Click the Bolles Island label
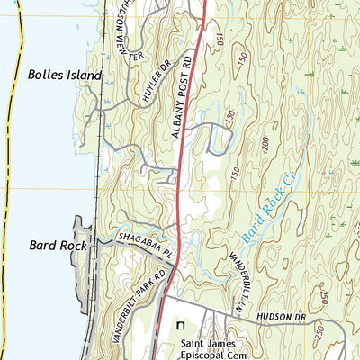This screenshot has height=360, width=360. [65, 76]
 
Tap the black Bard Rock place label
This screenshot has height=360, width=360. [57, 244]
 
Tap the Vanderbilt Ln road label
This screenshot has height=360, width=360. [242, 270]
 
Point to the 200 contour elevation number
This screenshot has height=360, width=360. [265, 143]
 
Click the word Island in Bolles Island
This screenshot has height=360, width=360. [83, 76]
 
